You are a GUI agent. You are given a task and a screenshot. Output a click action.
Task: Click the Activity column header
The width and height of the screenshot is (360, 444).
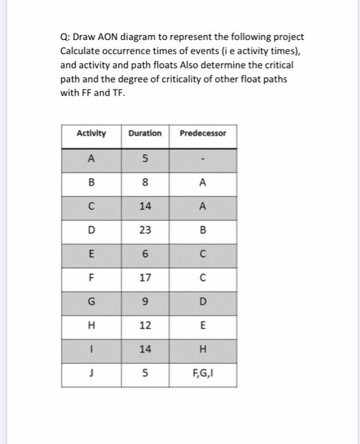coord(91,133)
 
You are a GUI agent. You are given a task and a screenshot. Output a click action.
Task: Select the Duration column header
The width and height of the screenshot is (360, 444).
coord(145,133)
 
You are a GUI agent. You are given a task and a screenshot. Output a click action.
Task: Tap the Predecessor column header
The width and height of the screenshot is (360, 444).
coord(203,133)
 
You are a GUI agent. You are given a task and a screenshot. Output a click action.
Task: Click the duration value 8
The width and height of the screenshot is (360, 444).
coord(145,183)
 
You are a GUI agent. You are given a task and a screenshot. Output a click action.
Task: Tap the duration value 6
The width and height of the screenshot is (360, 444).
coord(145,254)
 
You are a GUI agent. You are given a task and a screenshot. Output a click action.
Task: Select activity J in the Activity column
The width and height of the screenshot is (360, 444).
coord(91,374)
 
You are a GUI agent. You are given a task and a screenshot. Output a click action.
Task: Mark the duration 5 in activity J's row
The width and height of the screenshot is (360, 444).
coord(145,374)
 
